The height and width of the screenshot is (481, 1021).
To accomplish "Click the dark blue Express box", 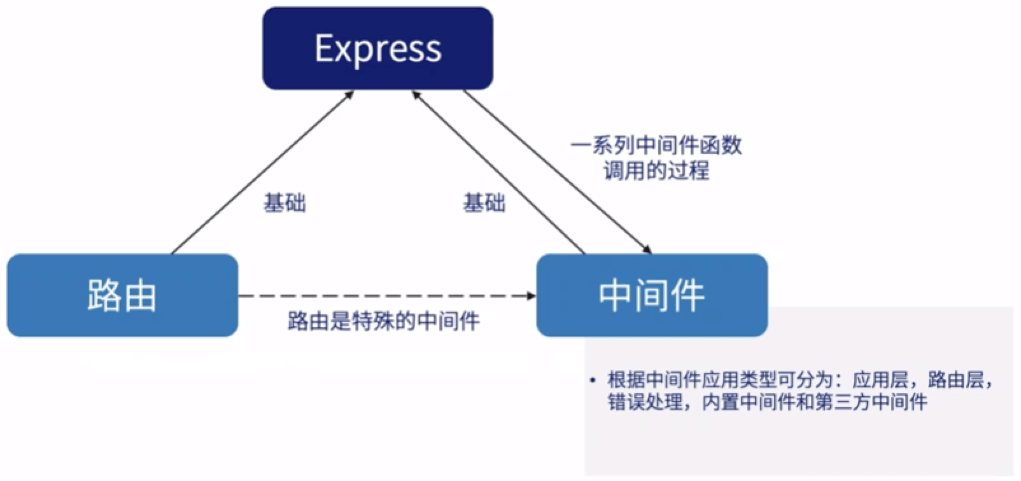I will [377, 48].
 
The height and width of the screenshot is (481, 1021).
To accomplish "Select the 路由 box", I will [122, 295].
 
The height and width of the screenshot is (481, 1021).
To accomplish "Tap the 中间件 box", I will [651, 295].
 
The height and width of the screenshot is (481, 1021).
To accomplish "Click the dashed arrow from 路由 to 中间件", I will [382, 296].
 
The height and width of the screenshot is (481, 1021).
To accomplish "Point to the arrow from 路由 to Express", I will [261, 172].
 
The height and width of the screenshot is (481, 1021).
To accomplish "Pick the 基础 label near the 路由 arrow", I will [285, 203].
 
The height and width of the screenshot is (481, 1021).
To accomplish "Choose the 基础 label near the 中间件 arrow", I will [484, 203].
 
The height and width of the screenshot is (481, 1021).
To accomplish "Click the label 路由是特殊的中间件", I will [383, 321].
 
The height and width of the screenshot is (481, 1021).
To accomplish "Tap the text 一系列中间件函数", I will [656, 146].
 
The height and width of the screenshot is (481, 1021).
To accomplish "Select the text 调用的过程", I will [656, 171].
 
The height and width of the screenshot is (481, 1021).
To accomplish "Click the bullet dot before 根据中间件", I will [593, 380].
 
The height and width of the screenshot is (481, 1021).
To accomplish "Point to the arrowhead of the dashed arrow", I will [530, 296].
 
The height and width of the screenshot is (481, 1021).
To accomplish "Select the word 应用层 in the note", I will [880, 380].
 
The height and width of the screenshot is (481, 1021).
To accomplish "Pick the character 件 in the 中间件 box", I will [686, 295].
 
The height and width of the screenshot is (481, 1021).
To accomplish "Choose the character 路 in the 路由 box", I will [104, 295].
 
